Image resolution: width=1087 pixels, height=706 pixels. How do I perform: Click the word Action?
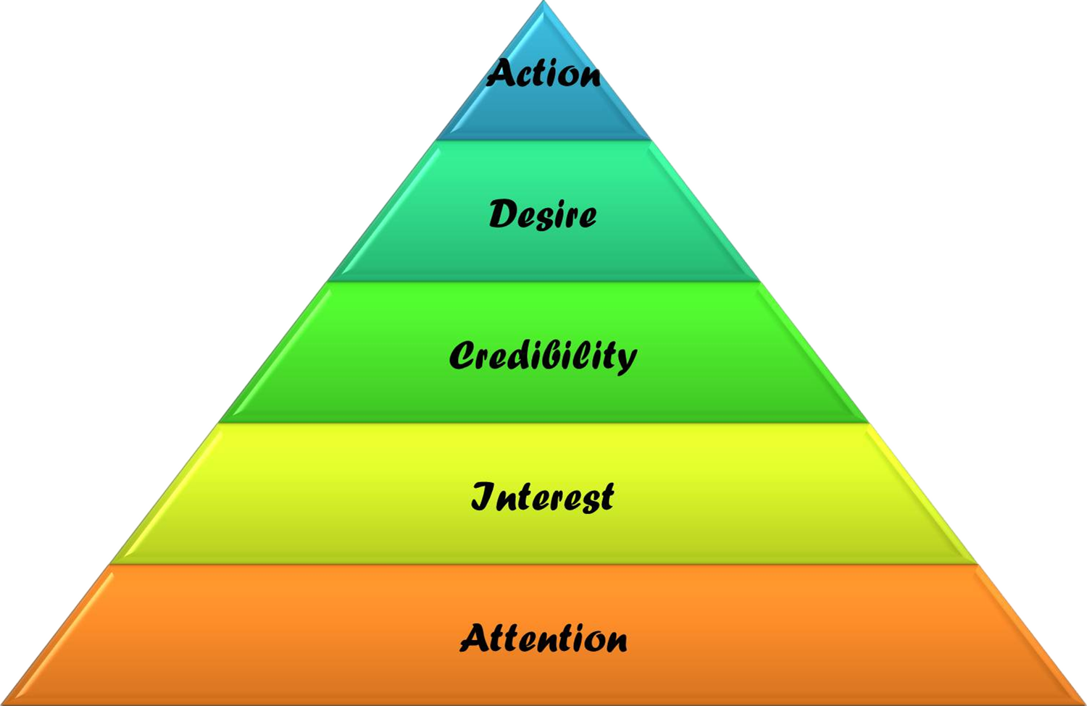pyautogui.click(x=543, y=73)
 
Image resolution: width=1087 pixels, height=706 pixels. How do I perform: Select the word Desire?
pyautogui.click(x=543, y=214)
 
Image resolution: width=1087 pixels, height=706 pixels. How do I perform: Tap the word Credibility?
pyautogui.click(x=543, y=355)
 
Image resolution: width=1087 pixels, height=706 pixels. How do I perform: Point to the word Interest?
pyautogui.click(x=543, y=496)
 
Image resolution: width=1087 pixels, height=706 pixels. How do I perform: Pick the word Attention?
pyautogui.click(x=543, y=638)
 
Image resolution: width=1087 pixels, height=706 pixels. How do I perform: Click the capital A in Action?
pyautogui.click(x=500, y=72)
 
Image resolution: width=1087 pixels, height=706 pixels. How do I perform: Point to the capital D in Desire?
pyautogui.click(x=501, y=214)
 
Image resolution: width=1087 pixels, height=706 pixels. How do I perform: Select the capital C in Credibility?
pyautogui.click(x=462, y=355)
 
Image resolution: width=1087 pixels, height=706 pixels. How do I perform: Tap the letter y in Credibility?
pyautogui.click(x=626, y=359)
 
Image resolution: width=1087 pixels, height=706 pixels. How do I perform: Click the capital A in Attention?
pyautogui.click(x=475, y=638)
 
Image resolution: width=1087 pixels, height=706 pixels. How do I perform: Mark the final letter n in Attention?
pyautogui.click(x=615, y=641)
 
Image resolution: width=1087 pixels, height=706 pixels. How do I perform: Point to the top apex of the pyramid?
pyautogui.click(x=543, y=3)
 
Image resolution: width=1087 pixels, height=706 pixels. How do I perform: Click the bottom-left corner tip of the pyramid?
pyautogui.click(x=3, y=702)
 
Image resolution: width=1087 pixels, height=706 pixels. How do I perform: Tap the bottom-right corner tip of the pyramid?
pyautogui.click(x=1083, y=702)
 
